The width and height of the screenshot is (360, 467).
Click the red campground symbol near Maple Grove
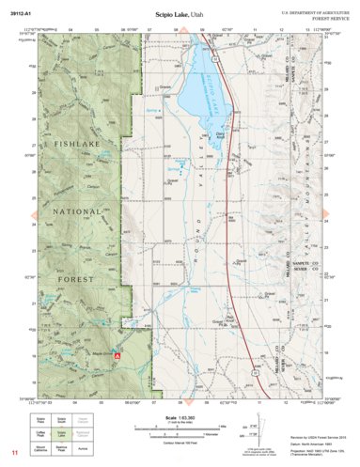[117, 357]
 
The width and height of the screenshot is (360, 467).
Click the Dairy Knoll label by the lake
[220, 136]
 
